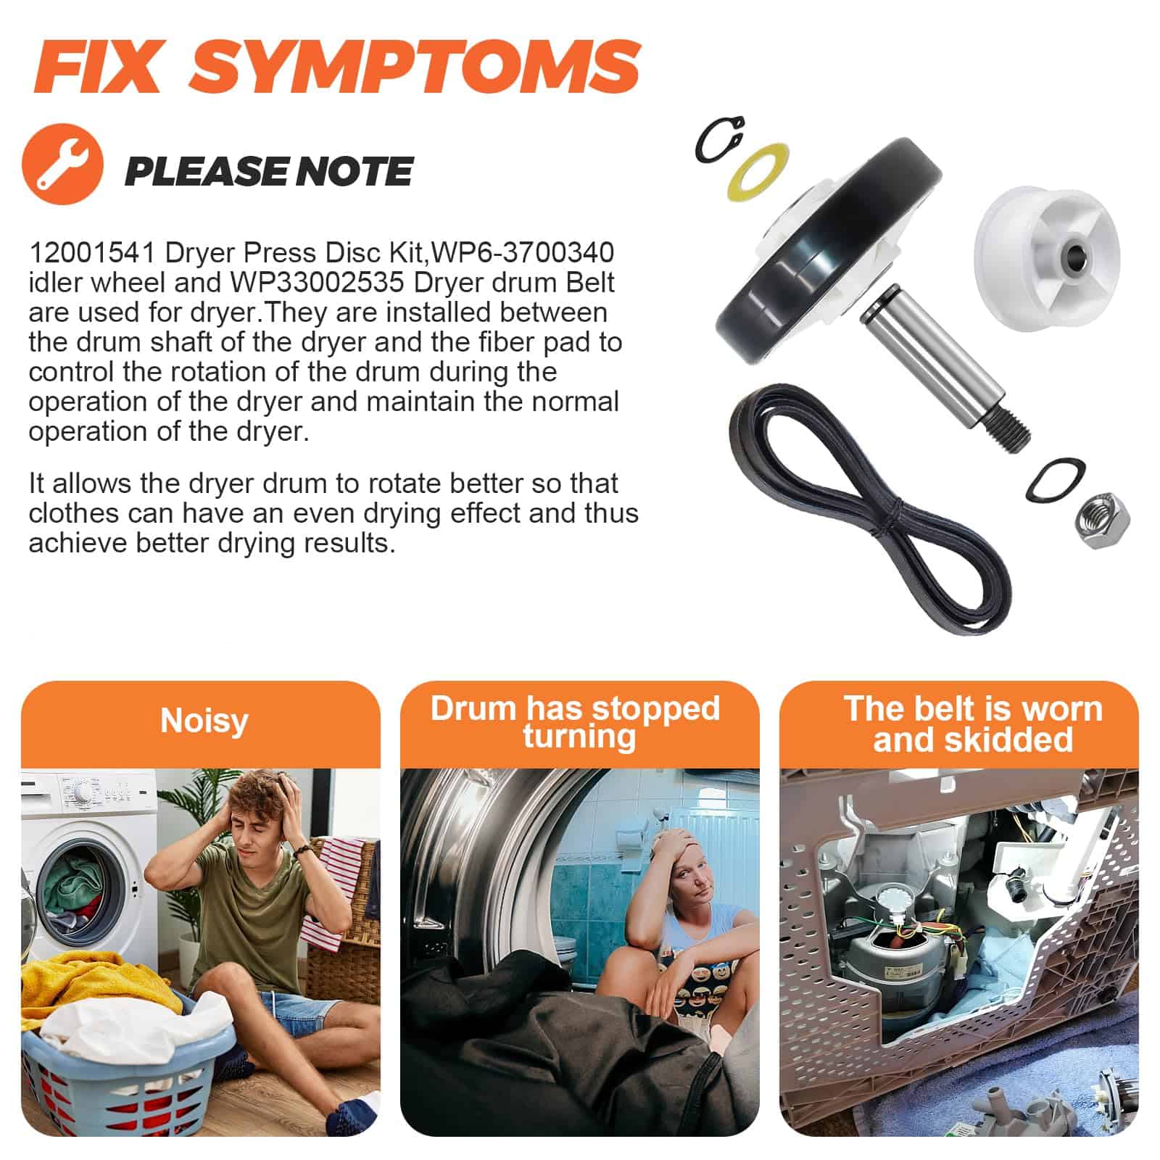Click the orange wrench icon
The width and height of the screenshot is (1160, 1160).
pyautogui.click(x=63, y=167)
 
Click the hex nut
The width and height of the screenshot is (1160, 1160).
pyautogui.click(x=1100, y=520)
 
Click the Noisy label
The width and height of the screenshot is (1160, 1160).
pyautogui.click(x=204, y=721)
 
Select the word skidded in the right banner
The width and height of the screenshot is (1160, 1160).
pyautogui.click(x=973, y=739)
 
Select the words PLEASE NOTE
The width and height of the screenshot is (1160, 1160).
pyautogui.click(x=268, y=171)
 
